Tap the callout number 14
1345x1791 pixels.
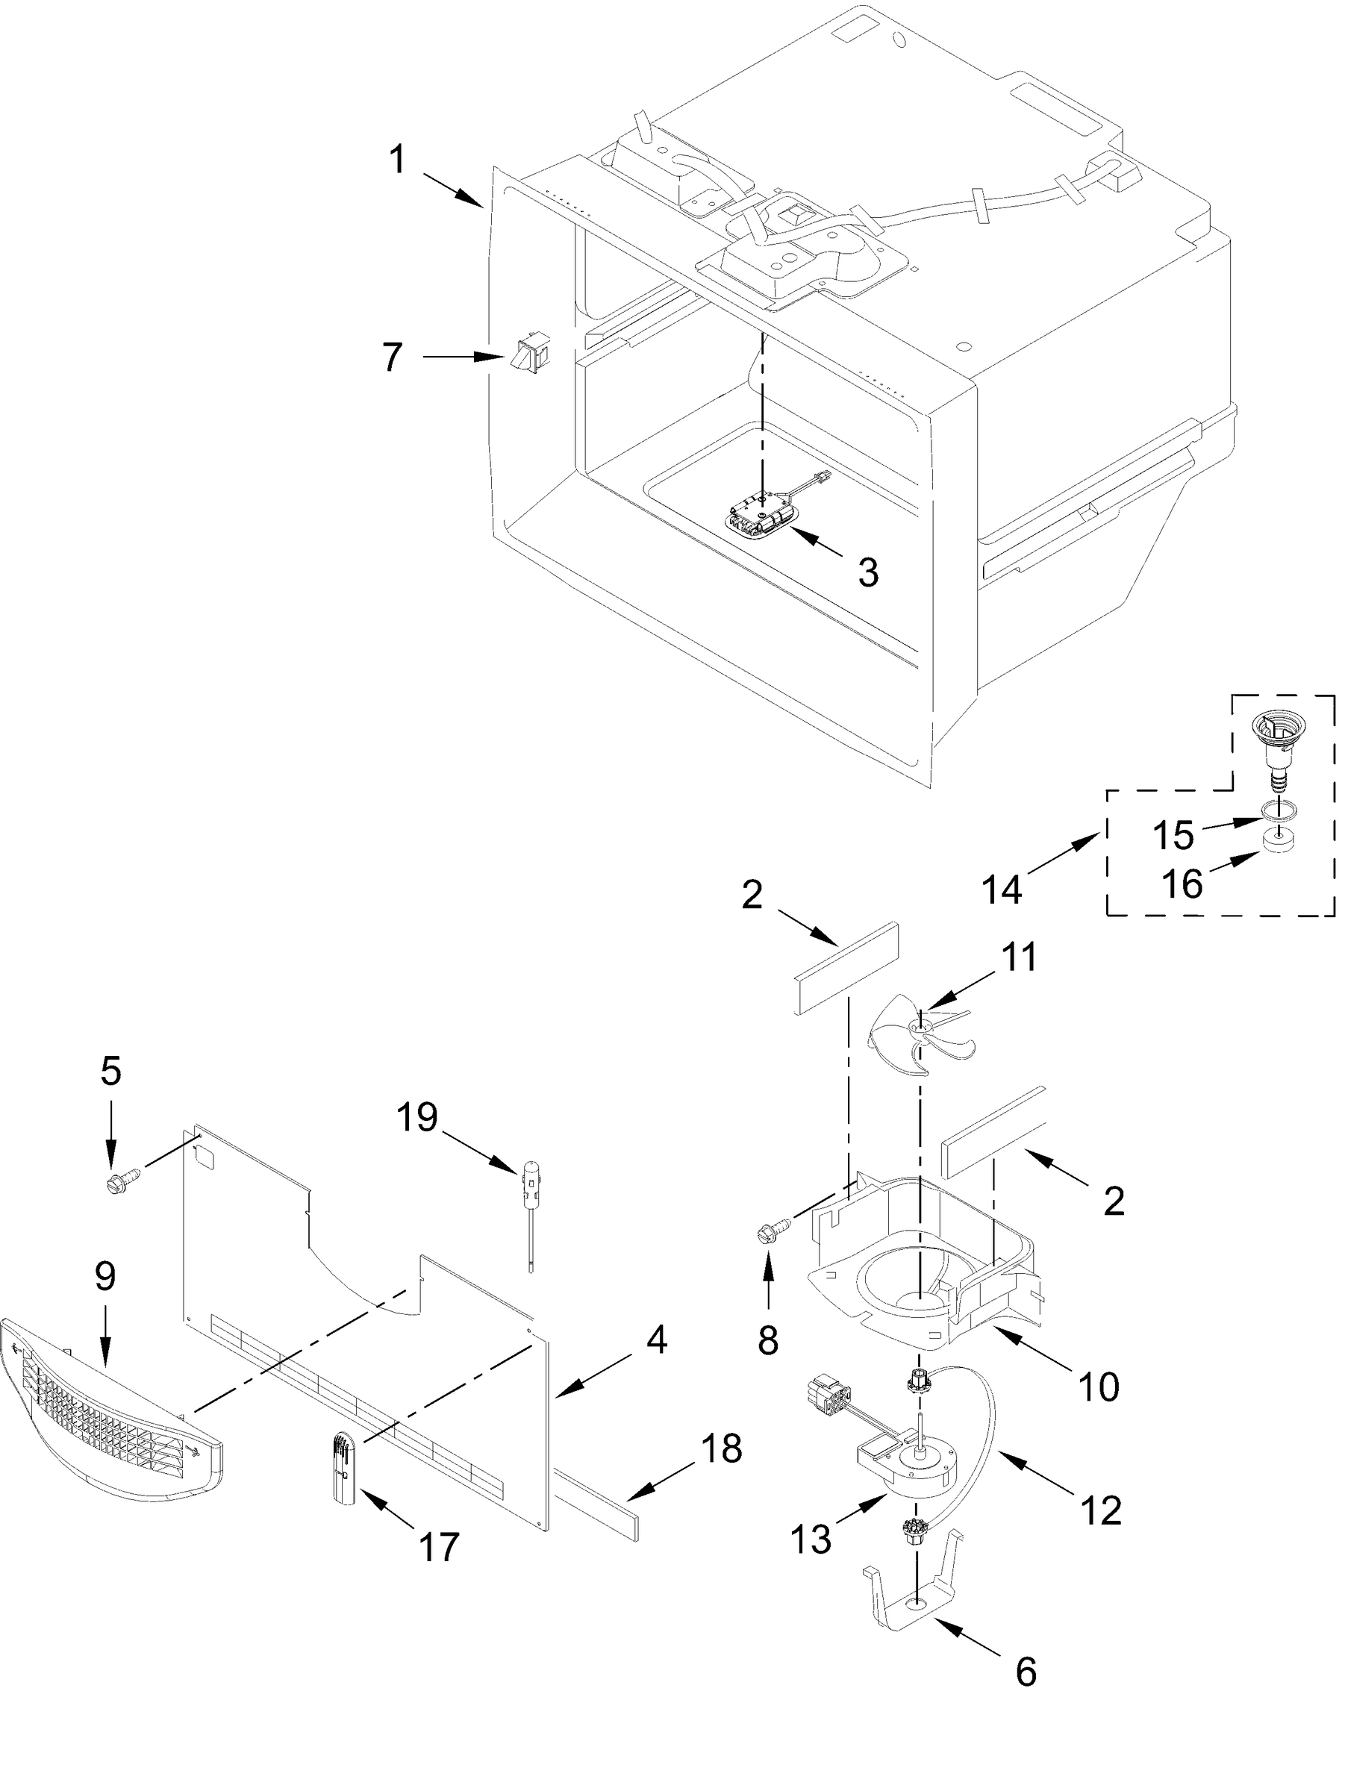(1002, 889)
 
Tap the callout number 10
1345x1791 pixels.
(1099, 1387)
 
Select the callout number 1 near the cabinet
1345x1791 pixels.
(396, 161)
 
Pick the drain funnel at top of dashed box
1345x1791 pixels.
(1273, 737)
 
